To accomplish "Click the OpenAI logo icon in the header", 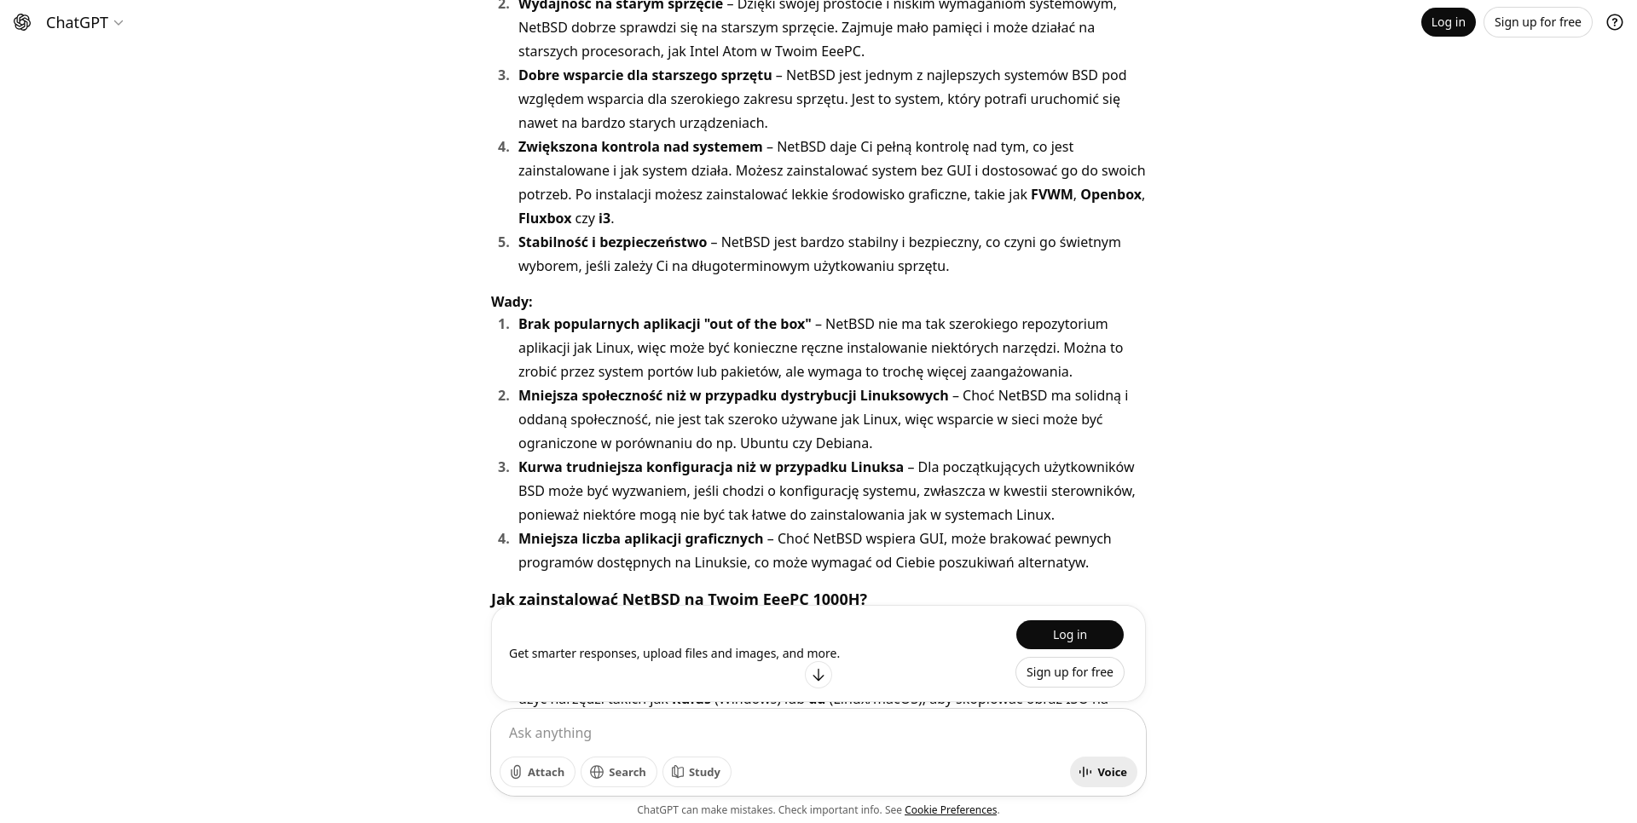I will coord(23,23).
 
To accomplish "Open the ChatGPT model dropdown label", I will coord(84,23).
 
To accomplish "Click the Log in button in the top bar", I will coord(1448,22).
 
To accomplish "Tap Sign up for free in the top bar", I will coord(1537,22).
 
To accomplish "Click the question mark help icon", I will coord(1614,22).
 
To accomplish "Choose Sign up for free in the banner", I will coord(1069,672).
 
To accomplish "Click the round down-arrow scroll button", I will coord(818,675).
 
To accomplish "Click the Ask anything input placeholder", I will coord(550,733).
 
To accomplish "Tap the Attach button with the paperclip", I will coord(537,772).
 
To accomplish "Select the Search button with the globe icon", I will coord(618,772).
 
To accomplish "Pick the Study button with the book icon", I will coord(696,772).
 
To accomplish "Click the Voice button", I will coord(1102,772).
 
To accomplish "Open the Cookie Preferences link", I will coord(950,810).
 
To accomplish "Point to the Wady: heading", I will coord(512,302).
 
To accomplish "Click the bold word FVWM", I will coord(1051,194).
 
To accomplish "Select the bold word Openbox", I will coord(1110,194).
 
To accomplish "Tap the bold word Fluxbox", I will coord(545,218).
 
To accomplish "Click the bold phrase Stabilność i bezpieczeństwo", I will coord(612,242).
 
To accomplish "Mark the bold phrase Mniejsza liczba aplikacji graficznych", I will coord(640,538).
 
